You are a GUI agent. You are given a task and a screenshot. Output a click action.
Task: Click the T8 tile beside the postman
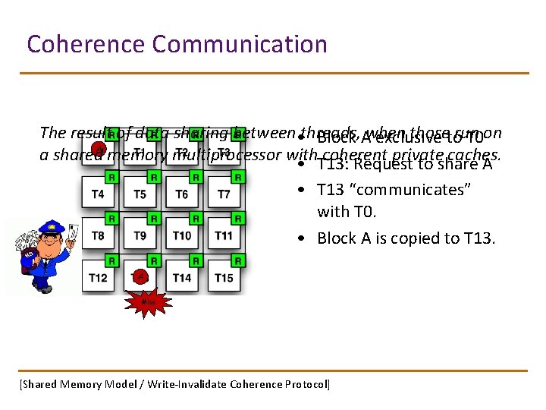99,236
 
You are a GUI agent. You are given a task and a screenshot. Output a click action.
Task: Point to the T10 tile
182,236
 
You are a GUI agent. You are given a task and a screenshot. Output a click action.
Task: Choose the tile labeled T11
224,236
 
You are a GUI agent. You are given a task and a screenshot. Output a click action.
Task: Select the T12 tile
99,278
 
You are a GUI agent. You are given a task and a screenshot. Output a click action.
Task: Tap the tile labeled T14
182,278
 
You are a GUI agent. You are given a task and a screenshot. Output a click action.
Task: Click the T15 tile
224,278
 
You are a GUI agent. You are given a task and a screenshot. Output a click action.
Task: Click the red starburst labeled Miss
148,303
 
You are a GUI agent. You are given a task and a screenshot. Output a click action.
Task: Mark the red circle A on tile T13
140,276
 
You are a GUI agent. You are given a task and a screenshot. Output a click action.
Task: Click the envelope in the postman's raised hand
73,231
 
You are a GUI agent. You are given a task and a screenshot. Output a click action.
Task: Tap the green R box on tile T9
153,219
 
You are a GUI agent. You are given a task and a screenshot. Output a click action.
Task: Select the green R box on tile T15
237,260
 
